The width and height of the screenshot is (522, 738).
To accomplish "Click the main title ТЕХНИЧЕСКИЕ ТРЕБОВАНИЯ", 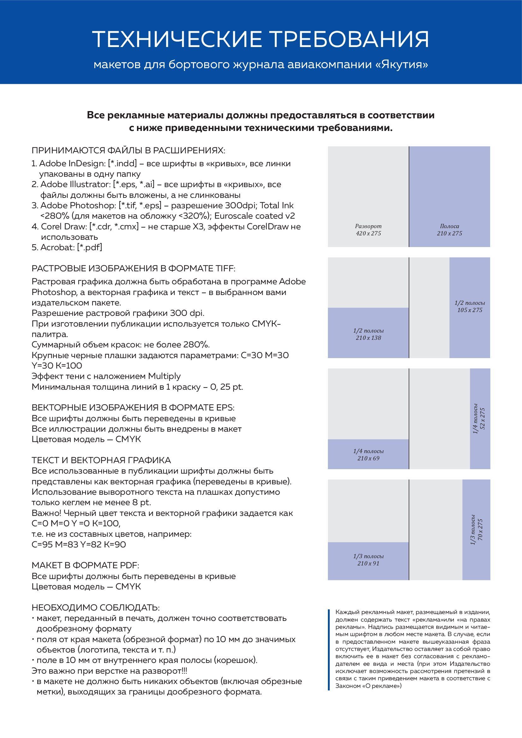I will [260, 39].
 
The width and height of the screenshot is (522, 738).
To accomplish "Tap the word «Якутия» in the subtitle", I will [401, 65].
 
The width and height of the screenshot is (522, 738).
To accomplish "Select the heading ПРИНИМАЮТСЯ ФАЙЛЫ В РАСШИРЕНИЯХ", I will [128, 151].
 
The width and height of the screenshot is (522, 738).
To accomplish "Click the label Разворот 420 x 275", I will [368, 230].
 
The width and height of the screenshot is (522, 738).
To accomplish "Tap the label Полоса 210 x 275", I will [449, 230].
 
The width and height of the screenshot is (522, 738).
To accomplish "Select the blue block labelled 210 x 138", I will [368, 333].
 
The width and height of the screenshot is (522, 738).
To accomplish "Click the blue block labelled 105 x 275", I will [470, 307].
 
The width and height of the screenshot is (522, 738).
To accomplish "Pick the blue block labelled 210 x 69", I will [368, 454].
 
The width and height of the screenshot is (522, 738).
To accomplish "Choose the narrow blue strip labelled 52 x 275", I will [480, 419].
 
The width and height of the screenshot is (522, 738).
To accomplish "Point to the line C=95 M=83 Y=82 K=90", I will [79, 544].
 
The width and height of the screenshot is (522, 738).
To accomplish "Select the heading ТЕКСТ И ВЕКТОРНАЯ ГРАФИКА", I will [101, 460].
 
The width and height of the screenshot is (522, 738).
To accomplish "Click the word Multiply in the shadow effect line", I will [164, 376].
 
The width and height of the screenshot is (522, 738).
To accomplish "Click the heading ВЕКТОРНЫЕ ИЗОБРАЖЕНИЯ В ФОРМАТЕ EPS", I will [133, 408].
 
